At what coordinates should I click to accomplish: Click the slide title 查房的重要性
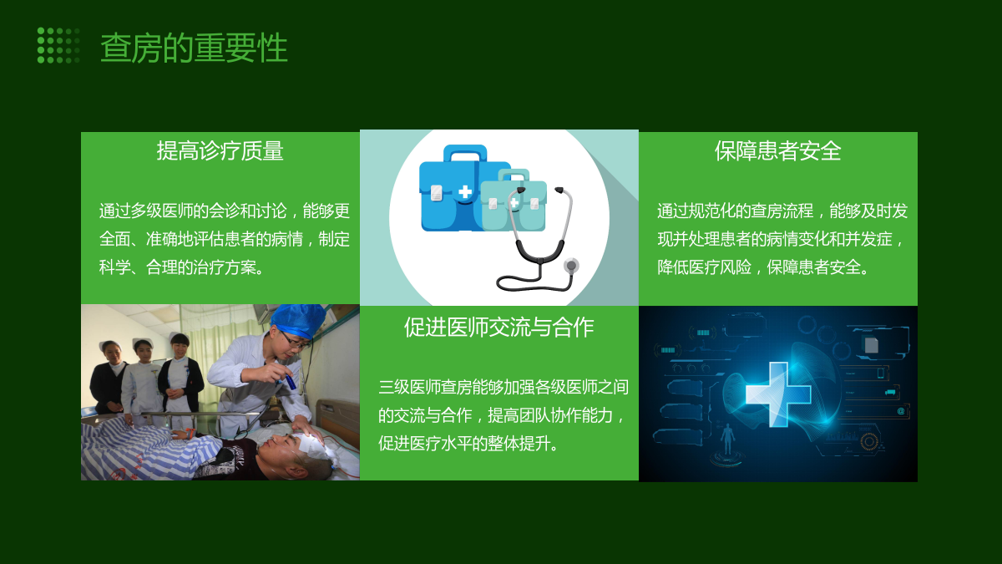(x=194, y=48)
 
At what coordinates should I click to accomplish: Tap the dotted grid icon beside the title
(x=58, y=45)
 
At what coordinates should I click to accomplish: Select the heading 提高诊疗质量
(x=220, y=151)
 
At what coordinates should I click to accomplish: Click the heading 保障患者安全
(x=778, y=151)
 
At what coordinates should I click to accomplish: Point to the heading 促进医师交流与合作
(x=499, y=328)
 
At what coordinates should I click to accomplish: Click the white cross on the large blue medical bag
(x=465, y=192)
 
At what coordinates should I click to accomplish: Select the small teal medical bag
(x=514, y=200)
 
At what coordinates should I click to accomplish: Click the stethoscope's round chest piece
(x=571, y=266)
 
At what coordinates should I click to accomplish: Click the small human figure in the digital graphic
(x=727, y=440)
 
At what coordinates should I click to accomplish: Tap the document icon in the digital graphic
(x=871, y=345)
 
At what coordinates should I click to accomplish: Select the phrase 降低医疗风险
(x=704, y=267)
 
